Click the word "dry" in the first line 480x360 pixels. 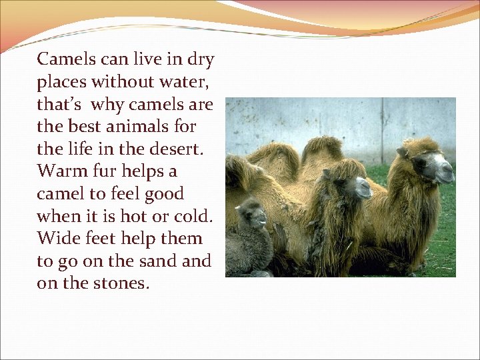coord(201,60)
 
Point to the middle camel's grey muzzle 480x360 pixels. coord(363,188)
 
